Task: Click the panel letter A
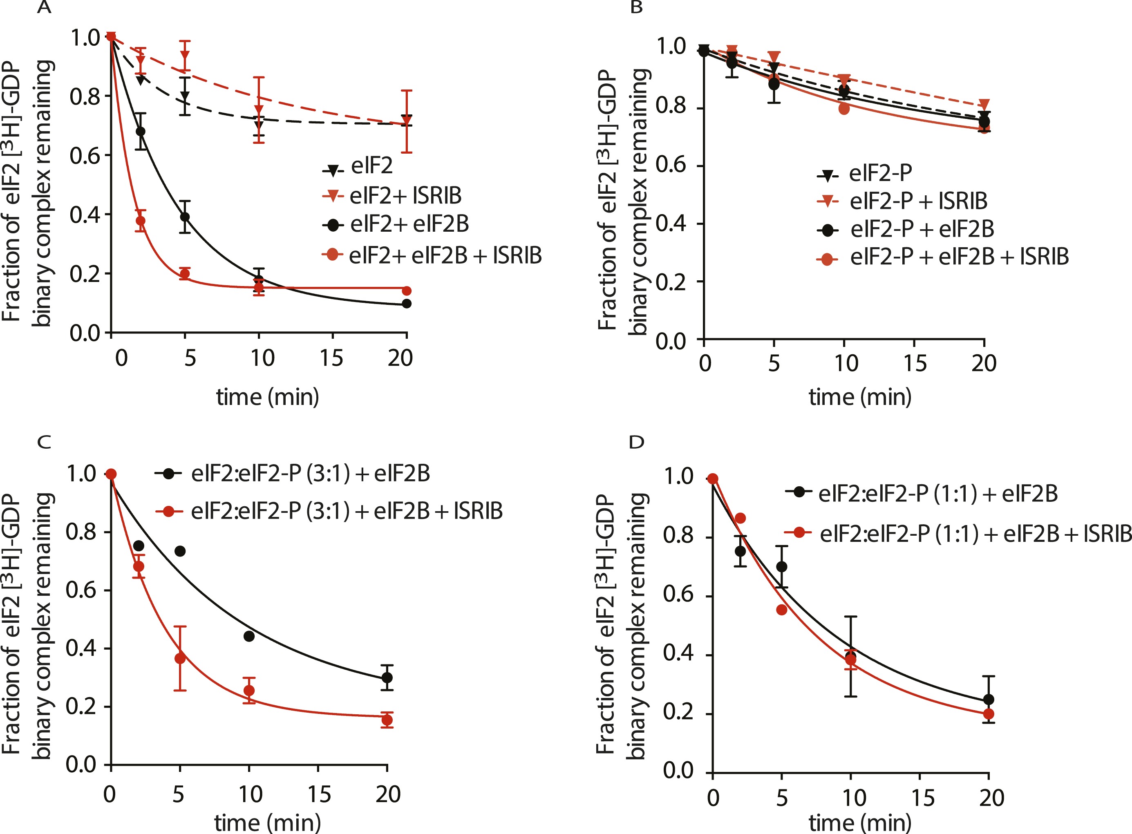click(45, 8)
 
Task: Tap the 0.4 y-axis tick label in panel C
click(81, 648)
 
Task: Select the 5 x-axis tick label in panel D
click(782, 798)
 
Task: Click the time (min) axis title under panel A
click(268, 397)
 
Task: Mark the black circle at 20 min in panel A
click(407, 304)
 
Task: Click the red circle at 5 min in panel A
click(185, 274)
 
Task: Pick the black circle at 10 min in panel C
click(249, 636)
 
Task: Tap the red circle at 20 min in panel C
click(387, 720)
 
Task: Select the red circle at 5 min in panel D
click(782, 610)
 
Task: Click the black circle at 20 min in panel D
click(989, 699)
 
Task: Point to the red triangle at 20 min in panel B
click(984, 105)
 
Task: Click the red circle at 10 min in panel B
click(844, 109)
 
